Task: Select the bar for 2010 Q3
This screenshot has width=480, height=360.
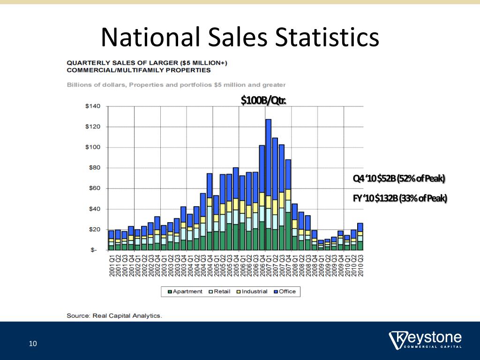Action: click(360, 236)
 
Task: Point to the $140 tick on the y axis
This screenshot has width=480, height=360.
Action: click(92, 106)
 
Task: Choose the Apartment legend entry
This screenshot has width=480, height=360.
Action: click(185, 292)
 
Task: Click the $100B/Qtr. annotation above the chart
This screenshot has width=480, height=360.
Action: click(263, 100)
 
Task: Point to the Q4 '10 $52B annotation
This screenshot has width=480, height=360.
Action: click(398, 179)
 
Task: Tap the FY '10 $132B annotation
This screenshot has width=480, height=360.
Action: click(400, 199)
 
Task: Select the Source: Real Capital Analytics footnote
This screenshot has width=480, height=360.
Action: click(114, 316)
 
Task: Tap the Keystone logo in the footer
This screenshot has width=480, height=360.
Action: click(426, 340)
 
